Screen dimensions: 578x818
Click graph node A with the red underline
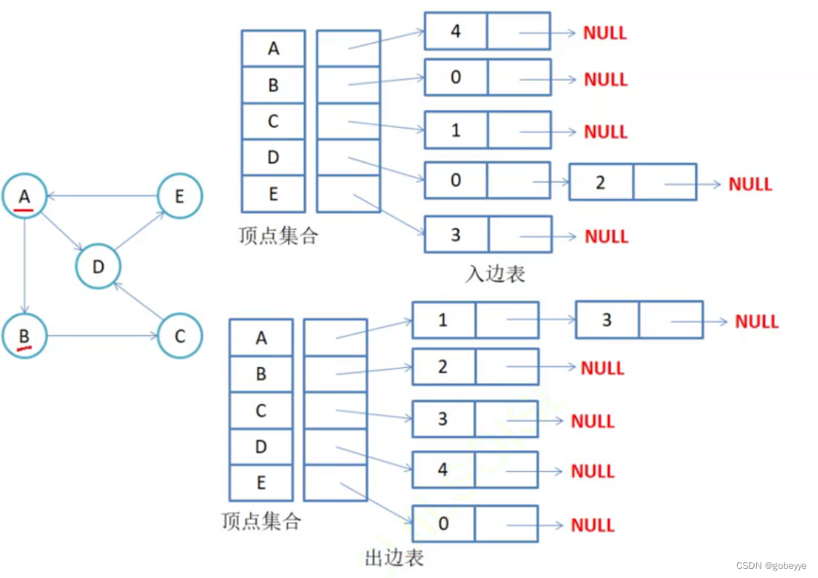tap(25, 197)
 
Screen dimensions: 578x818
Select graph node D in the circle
tap(98, 266)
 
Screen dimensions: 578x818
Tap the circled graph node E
tap(180, 197)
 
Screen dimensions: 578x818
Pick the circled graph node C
tap(180, 335)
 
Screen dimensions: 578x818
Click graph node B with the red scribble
tap(25, 335)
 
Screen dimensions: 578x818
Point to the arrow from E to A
tap(102, 196)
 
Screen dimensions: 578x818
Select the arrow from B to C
tap(102, 335)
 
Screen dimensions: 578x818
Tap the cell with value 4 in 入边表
tap(456, 32)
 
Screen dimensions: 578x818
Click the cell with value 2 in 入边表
tap(600, 182)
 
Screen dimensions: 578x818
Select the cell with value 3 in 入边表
tap(456, 235)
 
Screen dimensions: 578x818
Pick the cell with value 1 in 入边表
tap(456, 130)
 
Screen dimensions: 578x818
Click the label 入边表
tap(495, 273)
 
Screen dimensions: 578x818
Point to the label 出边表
tap(394, 558)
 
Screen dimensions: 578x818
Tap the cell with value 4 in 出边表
tap(444, 470)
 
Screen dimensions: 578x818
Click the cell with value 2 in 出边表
tap(444, 367)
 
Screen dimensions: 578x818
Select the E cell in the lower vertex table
tap(261, 483)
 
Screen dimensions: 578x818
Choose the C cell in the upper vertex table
tap(273, 121)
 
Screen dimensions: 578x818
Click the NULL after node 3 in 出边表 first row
tap(757, 322)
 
